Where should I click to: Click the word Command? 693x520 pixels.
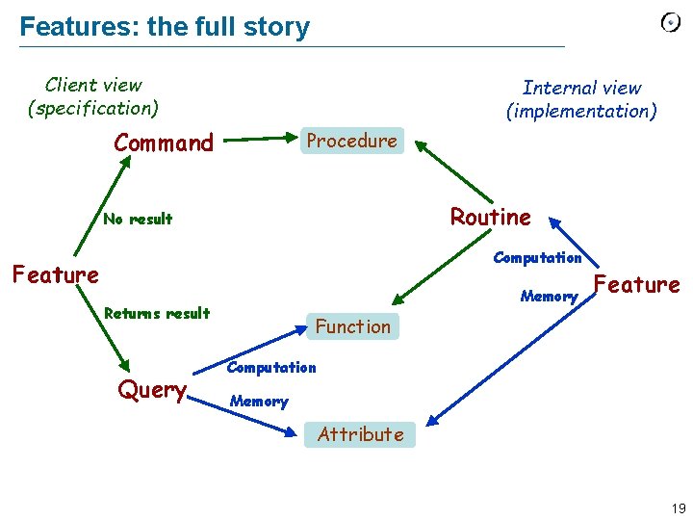click(x=164, y=143)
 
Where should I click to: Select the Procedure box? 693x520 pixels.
click(x=351, y=141)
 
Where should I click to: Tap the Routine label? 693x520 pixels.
click(x=491, y=218)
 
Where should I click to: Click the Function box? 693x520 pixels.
click(x=352, y=326)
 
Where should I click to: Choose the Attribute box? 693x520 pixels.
click(x=361, y=434)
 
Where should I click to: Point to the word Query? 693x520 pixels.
click(x=152, y=390)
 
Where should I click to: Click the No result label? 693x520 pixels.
click(x=138, y=219)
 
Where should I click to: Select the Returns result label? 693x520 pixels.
click(x=156, y=313)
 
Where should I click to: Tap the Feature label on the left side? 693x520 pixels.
click(x=55, y=275)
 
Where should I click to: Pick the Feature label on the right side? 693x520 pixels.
click(x=637, y=285)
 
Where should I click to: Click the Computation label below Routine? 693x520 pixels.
click(x=537, y=257)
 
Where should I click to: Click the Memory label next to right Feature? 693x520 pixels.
click(x=549, y=297)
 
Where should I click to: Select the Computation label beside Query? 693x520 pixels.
click(x=270, y=367)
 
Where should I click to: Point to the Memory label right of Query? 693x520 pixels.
click(x=259, y=401)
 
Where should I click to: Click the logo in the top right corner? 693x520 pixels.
click(x=671, y=23)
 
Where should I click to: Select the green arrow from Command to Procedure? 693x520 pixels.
click(x=261, y=139)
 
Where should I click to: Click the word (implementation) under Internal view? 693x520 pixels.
click(x=581, y=111)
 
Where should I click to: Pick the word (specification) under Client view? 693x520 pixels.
click(x=93, y=108)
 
